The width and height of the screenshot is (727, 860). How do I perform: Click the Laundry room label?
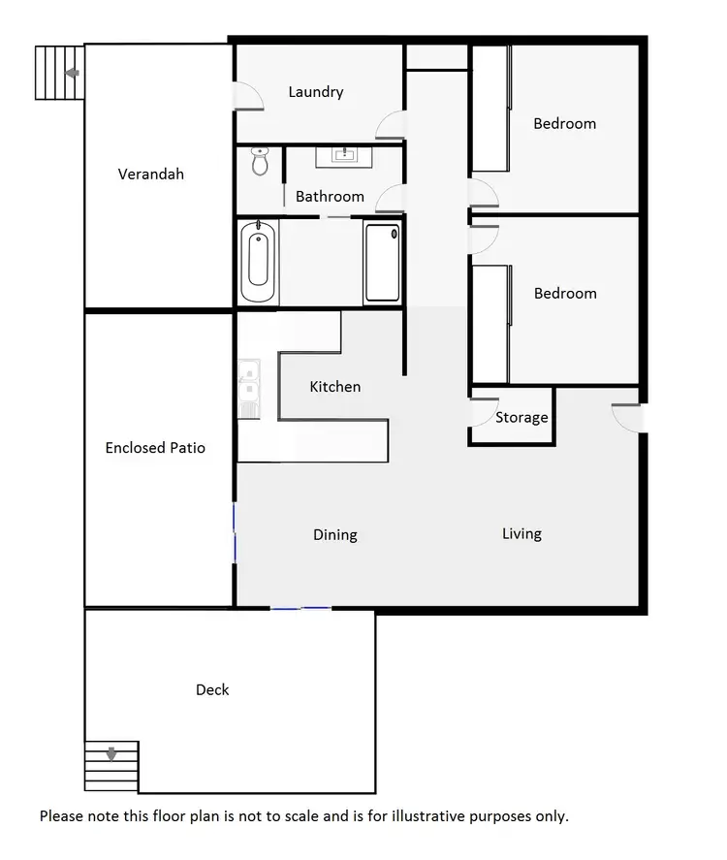pyautogui.click(x=316, y=92)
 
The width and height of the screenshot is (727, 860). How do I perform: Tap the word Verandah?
pyautogui.click(x=150, y=175)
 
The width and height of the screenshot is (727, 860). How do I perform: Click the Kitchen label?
pyautogui.click(x=334, y=387)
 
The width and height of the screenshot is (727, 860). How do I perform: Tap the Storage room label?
pyautogui.click(x=522, y=418)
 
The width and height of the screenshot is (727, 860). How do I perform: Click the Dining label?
pyautogui.click(x=335, y=534)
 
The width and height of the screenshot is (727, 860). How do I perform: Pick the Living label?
pyautogui.click(x=522, y=533)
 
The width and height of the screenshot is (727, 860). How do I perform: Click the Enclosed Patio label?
pyautogui.click(x=155, y=448)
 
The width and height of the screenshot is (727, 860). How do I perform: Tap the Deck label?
pyautogui.click(x=212, y=689)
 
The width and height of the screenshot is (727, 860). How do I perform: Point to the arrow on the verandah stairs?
pyautogui.click(x=71, y=73)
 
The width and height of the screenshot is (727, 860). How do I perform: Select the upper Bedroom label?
pyautogui.click(x=565, y=123)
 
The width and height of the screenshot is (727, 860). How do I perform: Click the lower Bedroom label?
pyautogui.click(x=565, y=293)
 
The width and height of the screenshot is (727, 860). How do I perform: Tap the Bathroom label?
pyautogui.click(x=330, y=196)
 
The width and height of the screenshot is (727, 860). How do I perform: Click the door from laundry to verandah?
pyautogui.click(x=248, y=96)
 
